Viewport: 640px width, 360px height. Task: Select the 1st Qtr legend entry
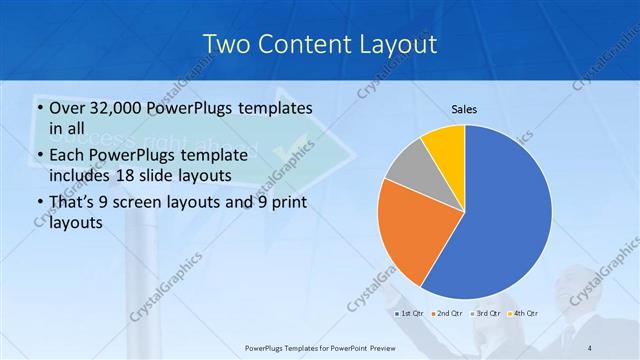[x=411, y=313]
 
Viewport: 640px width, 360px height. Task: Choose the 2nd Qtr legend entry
[x=449, y=313]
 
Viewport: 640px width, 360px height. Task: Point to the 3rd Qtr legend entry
[x=487, y=313]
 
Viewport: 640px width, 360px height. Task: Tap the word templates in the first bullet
[x=275, y=108]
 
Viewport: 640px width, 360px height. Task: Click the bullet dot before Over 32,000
[x=39, y=109]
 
